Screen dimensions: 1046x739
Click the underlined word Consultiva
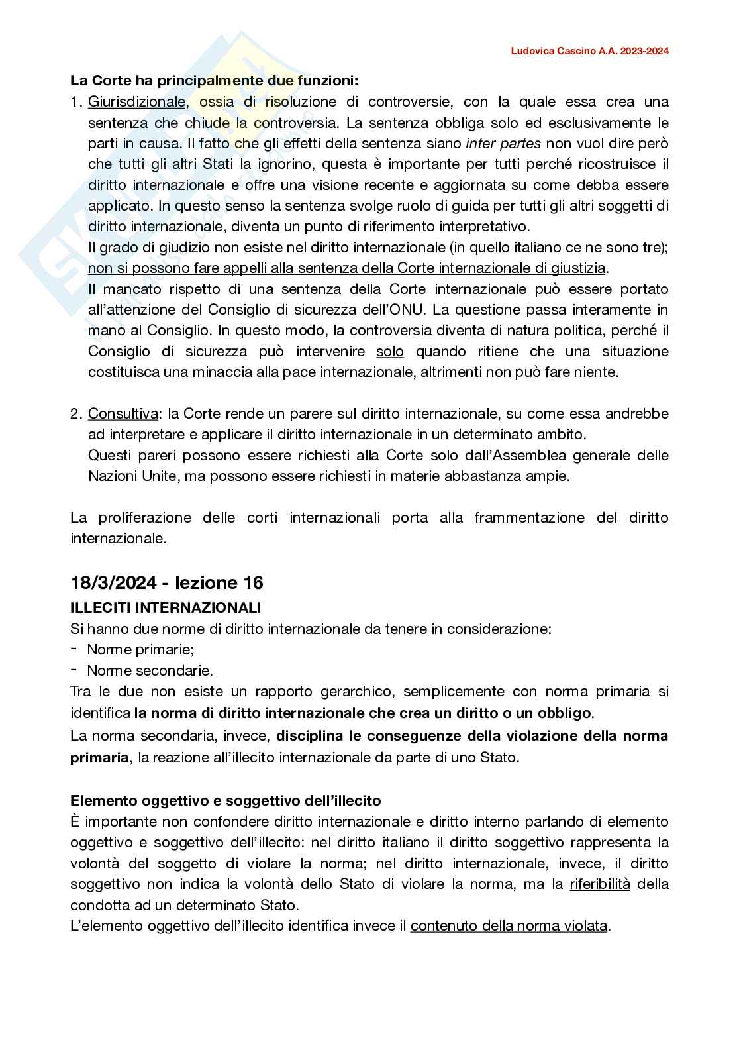[123, 414]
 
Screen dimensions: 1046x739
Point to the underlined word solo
[389, 351]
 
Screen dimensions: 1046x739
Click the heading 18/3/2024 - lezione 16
[167, 582]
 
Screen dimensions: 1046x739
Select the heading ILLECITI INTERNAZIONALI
[166, 607]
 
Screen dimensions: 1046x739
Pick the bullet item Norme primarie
[140, 649]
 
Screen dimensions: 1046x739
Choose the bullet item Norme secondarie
[150, 670]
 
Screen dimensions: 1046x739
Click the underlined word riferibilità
[600, 884]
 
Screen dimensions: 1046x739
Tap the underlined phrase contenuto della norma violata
[509, 925]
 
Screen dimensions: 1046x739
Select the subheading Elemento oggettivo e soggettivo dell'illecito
[225, 801]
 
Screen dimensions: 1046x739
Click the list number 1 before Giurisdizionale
[75, 102]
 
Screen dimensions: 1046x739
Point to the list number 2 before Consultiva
[75, 414]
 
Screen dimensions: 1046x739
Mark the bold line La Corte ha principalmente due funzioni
[214, 81]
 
